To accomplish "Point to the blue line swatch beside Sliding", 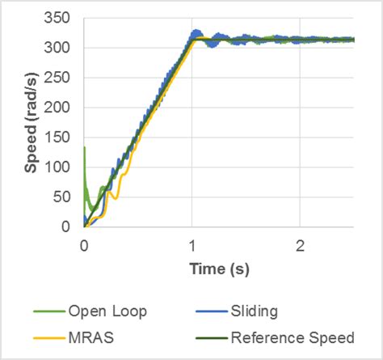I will click(209, 311).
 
